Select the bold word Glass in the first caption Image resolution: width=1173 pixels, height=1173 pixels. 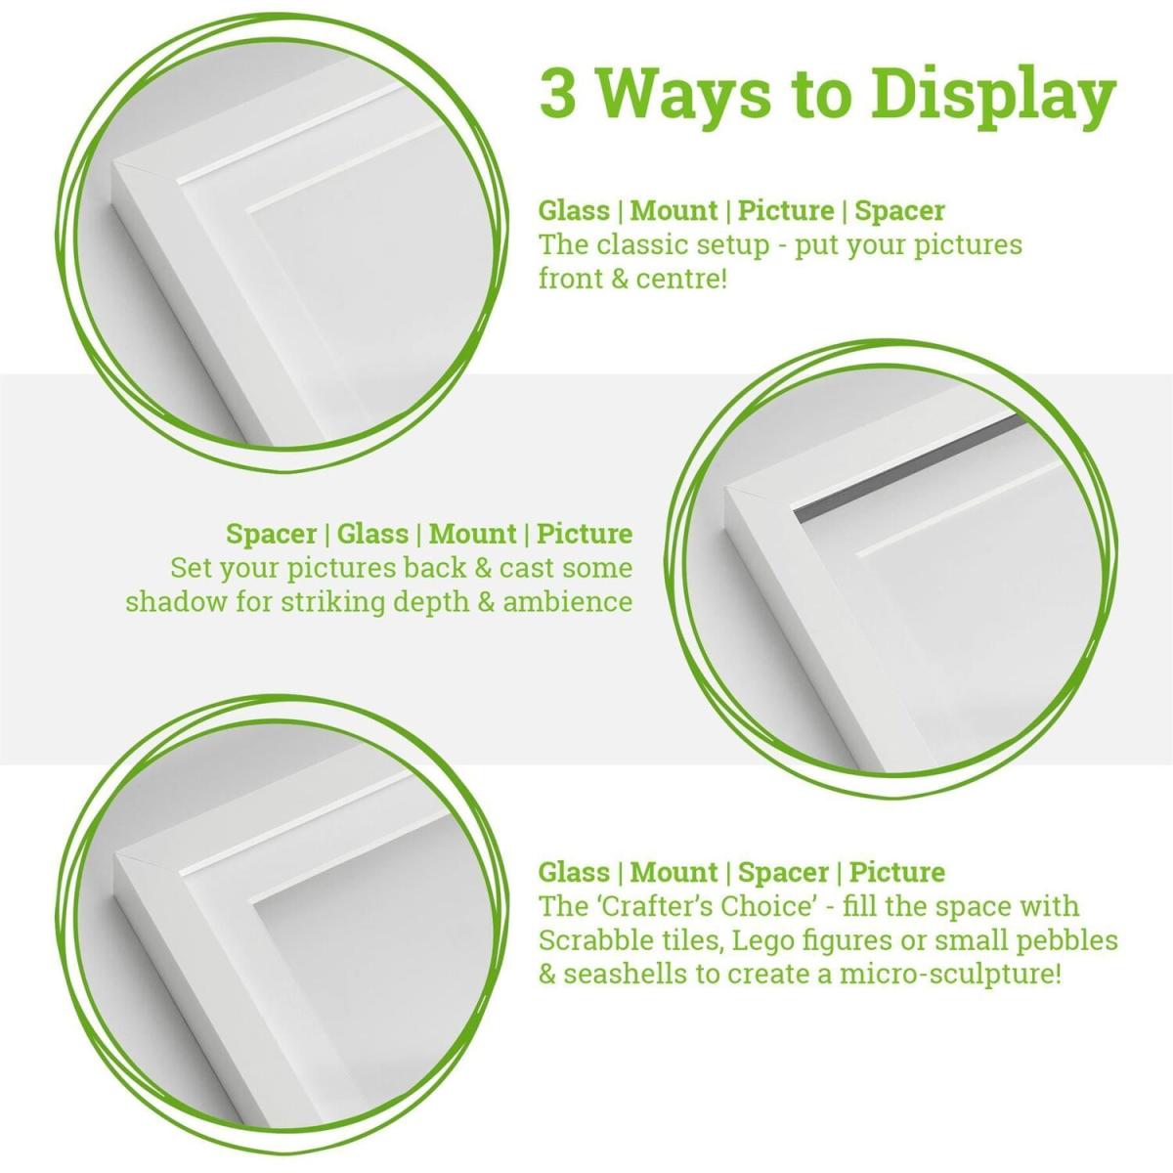click(x=574, y=210)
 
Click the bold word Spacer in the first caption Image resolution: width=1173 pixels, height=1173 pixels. click(x=899, y=212)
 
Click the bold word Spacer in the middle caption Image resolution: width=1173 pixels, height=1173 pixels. click(x=272, y=535)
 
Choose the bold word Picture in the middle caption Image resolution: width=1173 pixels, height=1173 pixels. click(x=585, y=535)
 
